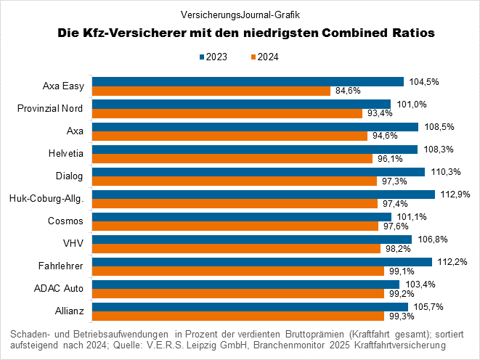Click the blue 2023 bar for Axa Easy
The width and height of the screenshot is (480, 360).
[247, 81]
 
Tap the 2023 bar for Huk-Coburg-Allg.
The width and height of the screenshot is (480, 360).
[262, 194]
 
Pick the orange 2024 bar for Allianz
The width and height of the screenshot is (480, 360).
[237, 316]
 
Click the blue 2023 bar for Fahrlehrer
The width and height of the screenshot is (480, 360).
[261, 261]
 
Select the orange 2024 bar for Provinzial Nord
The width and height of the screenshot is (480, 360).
[227, 113]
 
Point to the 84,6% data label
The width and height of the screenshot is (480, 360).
[349, 91]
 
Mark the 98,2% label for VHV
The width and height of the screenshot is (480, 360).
[396, 249]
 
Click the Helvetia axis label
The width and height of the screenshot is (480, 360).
[66, 154]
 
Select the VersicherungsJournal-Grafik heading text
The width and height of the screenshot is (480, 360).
[240, 13]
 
